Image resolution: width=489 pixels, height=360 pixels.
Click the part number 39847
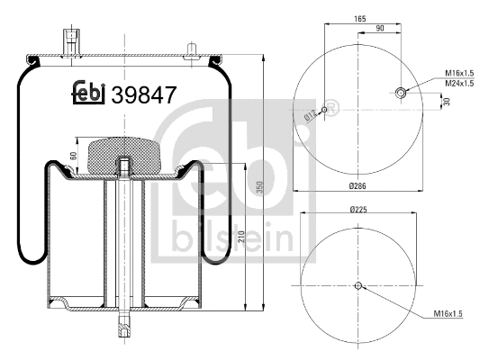pyautogui.click(x=143, y=92)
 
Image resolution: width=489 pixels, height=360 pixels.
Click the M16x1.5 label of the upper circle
pyautogui.click(x=461, y=74)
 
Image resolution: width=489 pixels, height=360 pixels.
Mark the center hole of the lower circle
pyautogui.click(x=358, y=286)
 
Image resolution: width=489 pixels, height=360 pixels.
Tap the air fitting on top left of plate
pyautogui.click(x=68, y=41)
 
